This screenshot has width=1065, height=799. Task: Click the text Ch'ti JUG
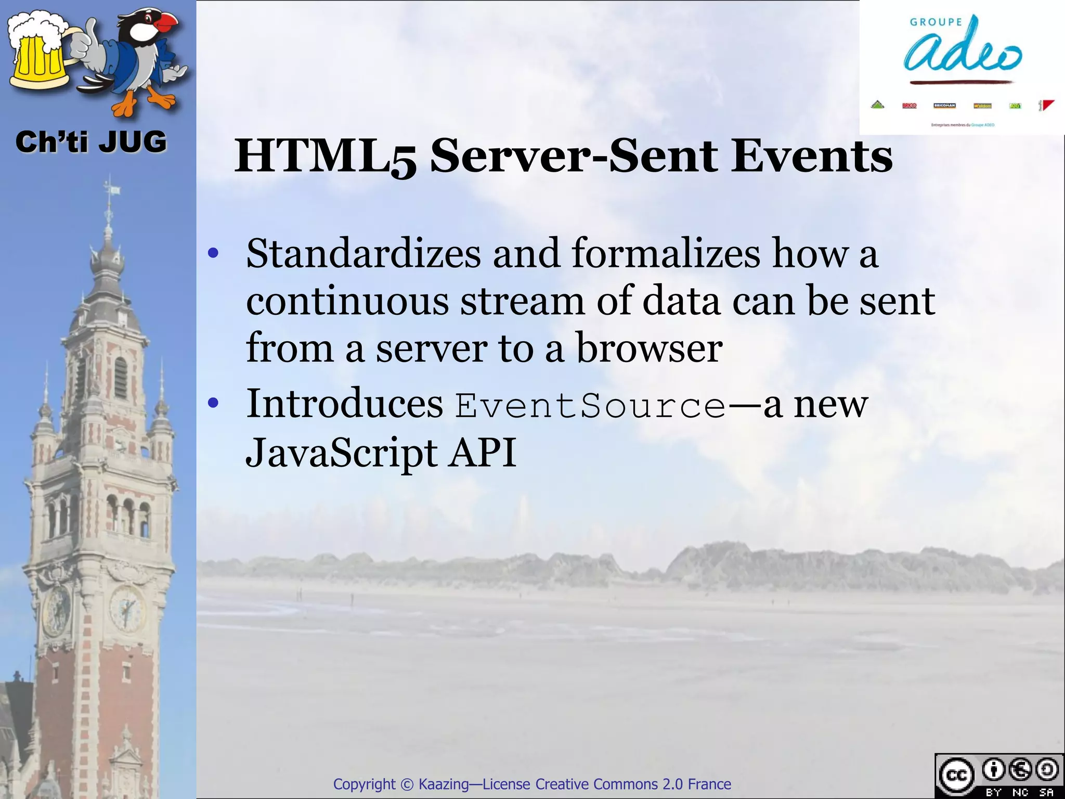[x=91, y=142]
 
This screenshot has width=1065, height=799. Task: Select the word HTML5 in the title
[x=325, y=156]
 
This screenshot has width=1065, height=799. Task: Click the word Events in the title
[x=812, y=156]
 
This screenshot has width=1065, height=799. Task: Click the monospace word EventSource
[x=590, y=406]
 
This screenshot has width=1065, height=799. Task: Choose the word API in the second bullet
[x=483, y=453]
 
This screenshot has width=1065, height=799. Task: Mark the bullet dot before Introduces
[x=213, y=403]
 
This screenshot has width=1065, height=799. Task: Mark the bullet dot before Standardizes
[x=213, y=254]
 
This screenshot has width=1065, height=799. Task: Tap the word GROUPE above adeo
[x=936, y=22]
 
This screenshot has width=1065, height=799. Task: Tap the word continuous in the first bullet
[x=347, y=301]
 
